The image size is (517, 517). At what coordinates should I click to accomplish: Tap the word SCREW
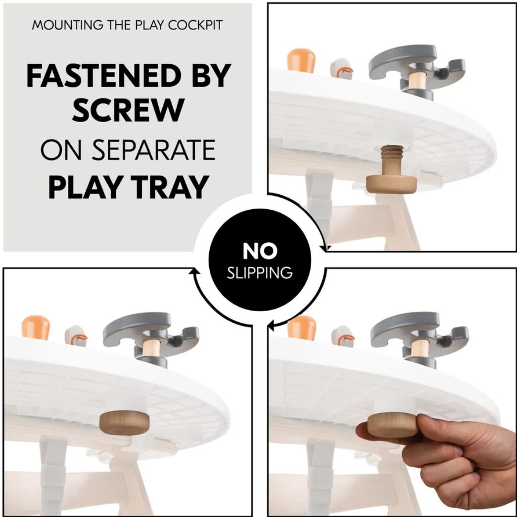(x=129, y=110)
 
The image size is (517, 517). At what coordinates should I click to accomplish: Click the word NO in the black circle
(x=260, y=251)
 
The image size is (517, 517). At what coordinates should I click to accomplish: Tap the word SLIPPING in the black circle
(x=260, y=273)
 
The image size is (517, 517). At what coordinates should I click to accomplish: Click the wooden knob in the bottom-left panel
(x=124, y=423)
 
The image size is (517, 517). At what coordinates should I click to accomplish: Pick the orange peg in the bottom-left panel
(x=36, y=327)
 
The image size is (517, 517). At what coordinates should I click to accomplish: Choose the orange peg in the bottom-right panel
(x=302, y=327)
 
